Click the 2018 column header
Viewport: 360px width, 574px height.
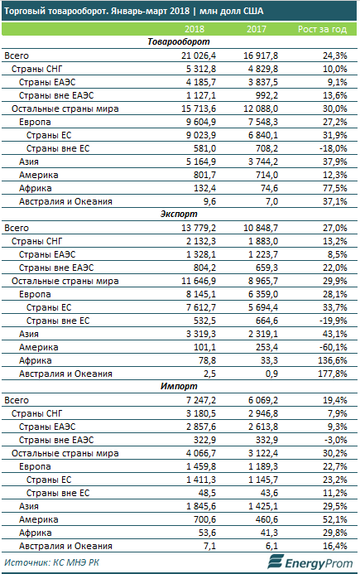(194, 29)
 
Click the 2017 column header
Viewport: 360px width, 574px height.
(257, 29)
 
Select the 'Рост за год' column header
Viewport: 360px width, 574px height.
(322, 29)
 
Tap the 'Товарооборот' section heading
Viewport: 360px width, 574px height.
(179, 41)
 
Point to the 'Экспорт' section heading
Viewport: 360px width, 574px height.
(179, 214)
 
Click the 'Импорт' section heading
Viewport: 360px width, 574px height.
(179, 386)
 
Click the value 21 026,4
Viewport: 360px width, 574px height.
(199, 55)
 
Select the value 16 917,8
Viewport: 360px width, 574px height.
(261, 55)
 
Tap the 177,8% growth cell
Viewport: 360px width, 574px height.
(332, 374)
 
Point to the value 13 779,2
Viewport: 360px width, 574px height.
(199, 228)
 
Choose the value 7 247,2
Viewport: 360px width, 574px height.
(201, 401)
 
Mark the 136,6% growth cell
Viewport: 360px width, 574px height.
(332, 360)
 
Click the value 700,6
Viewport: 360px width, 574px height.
(205, 519)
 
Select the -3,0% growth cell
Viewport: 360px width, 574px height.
(334, 440)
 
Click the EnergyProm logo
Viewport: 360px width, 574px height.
(310, 562)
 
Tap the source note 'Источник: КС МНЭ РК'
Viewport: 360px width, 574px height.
(51, 562)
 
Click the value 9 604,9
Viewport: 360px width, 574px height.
(201, 122)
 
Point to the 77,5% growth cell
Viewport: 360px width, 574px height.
(334, 188)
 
